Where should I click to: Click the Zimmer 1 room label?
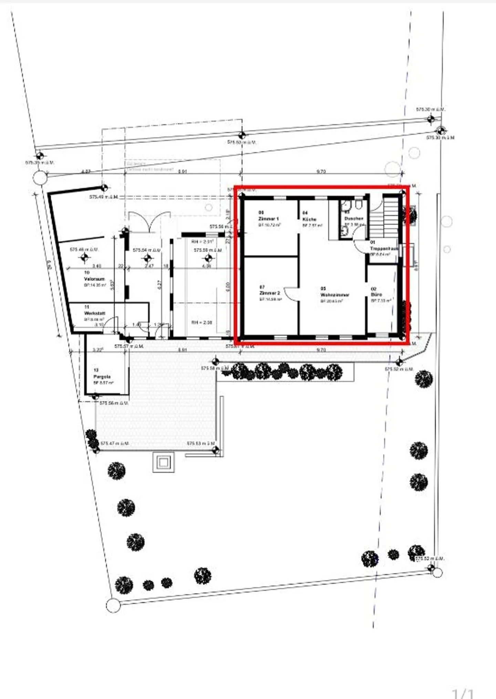click(x=268, y=219)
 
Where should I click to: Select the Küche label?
click(x=309, y=219)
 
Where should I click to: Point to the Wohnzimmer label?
click(x=334, y=295)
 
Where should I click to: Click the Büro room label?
click(x=376, y=294)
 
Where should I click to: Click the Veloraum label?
click(x=94, y=279)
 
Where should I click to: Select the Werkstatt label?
click(x=94, y=313)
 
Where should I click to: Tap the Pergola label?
click(x=102, y=377)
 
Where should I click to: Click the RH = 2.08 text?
click(x=202, y=323)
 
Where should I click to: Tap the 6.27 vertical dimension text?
click(x=159, y=284)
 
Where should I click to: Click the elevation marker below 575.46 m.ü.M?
click(x=84, y=257)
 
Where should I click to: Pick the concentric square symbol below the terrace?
click(x=163, y=462)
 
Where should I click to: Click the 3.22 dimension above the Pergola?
click(x=98, y=350)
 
